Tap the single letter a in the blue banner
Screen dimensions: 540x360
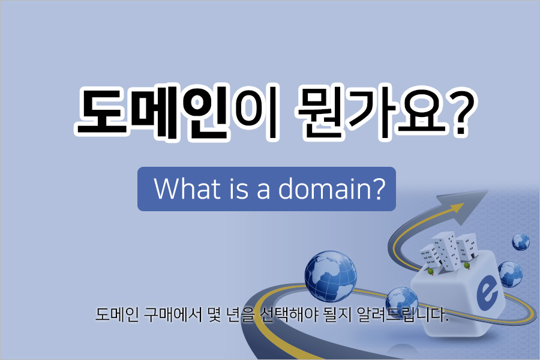pyautogui.click(x=263, y=191)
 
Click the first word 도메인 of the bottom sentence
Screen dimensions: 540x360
pyautogui.click(x=117, y=314)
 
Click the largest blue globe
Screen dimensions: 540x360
pyautogui.click(x=331, y=276)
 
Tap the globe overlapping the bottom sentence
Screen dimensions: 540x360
pyautogui.click(x=401, y=304)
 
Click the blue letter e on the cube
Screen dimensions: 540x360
pyautogui.click(x=487, y=294)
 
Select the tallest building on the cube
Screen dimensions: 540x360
pyautogui.click(x=446, y=250)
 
